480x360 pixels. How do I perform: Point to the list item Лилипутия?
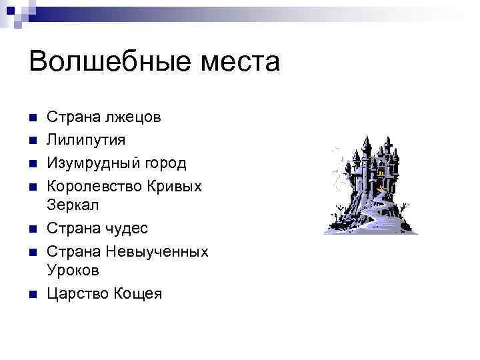tap(85, 140)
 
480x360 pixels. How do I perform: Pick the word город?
tap(166, 163)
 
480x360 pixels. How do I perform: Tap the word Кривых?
tap(177, 185)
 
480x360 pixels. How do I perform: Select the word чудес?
tap(125, 228)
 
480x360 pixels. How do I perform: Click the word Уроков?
tap(73, 271)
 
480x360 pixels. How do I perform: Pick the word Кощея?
tap(137, 293)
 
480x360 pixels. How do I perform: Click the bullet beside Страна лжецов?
tap(33, 119)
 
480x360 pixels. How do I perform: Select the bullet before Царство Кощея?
tap(33, 294)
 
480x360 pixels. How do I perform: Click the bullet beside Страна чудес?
tap(33, 229)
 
